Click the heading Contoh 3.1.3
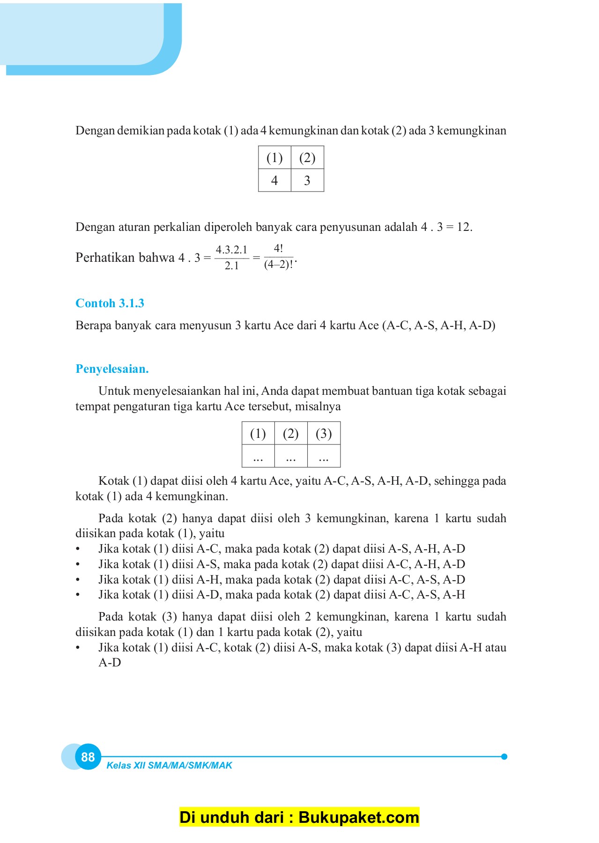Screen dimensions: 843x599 tap(110, 303)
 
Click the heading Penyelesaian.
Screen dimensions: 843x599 tap(112, 369)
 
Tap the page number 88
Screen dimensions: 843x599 tap(88, 757)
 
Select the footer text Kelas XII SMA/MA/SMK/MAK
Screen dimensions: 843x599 tap(169, 765)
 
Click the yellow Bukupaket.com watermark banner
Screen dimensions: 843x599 tap(299, 817)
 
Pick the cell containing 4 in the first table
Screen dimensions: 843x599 tap(274, 180)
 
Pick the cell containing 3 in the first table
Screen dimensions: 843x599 tap(307, 180)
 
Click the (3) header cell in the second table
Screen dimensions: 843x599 tap(324, 433)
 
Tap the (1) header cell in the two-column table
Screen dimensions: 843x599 tap(274, 158)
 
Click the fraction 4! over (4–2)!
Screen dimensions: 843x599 tap(279, 257)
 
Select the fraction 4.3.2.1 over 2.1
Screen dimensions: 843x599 tap(231, 257)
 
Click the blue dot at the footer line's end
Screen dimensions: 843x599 tap(504, 756)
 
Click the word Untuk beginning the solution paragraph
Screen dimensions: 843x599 tap(114, 391)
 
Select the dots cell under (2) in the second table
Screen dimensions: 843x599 tap(291, 457)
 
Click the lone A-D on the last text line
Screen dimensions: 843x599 tap(110, 663)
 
